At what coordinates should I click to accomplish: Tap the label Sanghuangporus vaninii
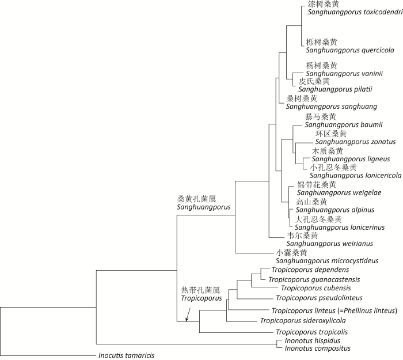pyautogui.click(x=337, y=73)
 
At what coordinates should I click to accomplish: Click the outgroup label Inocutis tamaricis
pyautogui.click(x=127, y=355)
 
